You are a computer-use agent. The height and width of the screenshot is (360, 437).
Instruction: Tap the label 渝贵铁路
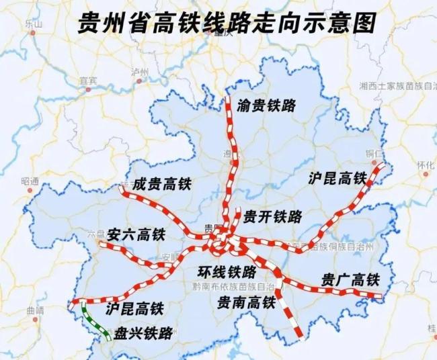(267, 105)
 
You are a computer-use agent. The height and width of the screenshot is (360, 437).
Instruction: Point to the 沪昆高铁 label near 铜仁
(337, 178)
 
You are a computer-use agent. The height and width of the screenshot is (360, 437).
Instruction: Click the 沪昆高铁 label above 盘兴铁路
(135, 309)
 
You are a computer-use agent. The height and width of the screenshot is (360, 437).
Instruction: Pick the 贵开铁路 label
(273, 216)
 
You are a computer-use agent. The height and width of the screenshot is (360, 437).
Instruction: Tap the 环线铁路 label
(227, 272)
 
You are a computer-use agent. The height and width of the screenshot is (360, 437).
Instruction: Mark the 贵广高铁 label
(350, 279)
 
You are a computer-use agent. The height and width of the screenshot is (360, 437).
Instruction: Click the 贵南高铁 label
(247, 303)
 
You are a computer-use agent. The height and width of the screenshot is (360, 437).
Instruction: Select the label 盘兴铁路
(143, 333)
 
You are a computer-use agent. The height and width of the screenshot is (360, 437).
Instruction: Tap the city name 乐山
(32, 24)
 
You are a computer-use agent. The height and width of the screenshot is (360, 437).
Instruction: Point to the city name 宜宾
(88, 81)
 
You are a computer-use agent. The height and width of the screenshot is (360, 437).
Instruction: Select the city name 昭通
(30, 181)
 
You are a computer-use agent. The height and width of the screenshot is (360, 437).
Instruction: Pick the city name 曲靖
(34, 310)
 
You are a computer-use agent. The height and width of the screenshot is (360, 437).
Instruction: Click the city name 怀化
(426, 165)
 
